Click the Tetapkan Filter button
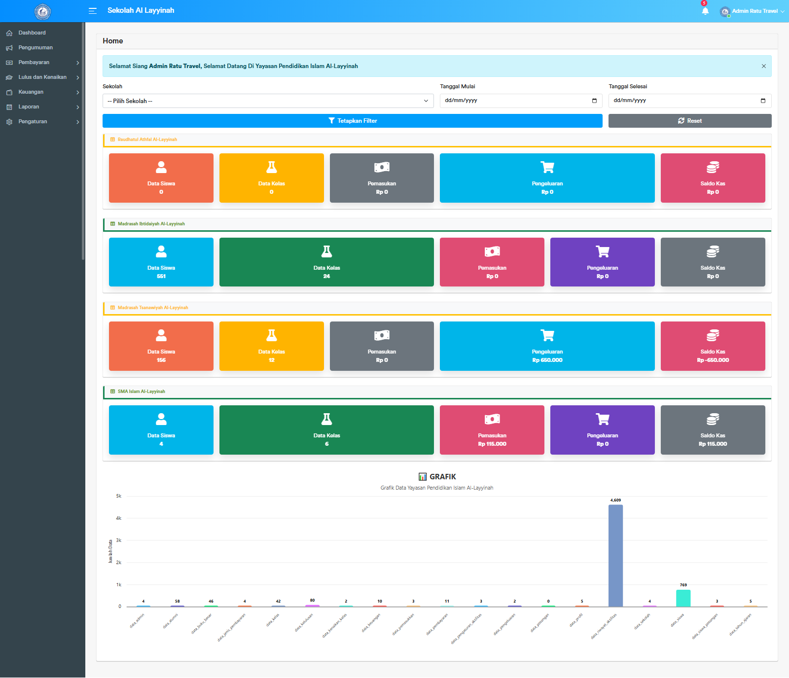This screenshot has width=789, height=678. pyautogui.click(x=352, y=121)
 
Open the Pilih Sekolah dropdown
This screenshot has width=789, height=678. pyautogui.click(x=268, y=101)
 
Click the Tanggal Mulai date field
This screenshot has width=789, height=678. pyautogui.click(x=520, y=101)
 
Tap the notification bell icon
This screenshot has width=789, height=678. pyautogui.click(x=705, y=11)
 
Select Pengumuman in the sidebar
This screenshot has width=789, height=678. pyautogui.click(x=36, y=48)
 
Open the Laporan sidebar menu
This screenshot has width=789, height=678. pyautogui.click(x=29, y=107)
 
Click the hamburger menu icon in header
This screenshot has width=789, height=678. pyautogui.click(x=92, y=11)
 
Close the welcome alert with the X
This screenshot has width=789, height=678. pyautogui.click(x=763, y=66)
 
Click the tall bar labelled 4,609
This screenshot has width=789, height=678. pyautogui.click(x=615, y=555)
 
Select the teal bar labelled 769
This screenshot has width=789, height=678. pyautogui.click(x=683, y=598)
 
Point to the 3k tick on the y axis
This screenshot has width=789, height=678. pyautogui.click(x=119, y=540)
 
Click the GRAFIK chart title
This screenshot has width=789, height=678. pyautogui.click(x=437, y=477)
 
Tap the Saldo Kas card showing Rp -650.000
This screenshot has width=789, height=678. pyautogui.click(x=713, y=346)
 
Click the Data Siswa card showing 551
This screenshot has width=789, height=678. pyautogui.click(x=161, y=262)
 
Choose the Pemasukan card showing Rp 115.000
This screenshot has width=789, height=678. pyautogui.click(x=492, y=430)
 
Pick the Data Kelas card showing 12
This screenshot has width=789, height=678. pyautogui.click(x=271, y=346)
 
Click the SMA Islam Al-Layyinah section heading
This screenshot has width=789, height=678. pyautogui.click(x=141, y=392)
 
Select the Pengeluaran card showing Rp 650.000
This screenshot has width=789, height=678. pyautogui.click(x=547, y=346)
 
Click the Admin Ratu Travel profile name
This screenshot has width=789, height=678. pyautogui.click(x=754, y=11)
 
